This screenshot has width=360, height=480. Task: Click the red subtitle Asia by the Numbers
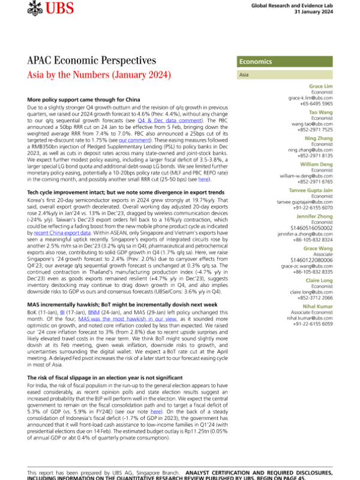point(100,75)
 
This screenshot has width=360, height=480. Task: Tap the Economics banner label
point(256,62)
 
